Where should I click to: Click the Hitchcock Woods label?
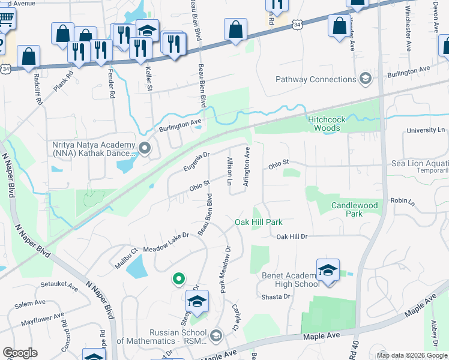(x=327, y=124)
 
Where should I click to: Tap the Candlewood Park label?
(x=355, y=209)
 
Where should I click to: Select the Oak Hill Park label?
(x=258, y=222)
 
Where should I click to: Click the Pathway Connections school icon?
(x=365, y=79)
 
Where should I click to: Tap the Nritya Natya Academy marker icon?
(x=144, y=147)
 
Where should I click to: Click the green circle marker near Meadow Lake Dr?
(x=178, y=278)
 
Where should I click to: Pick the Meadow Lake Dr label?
(x=166, y=239)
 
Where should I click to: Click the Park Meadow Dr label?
(x=224, y=269)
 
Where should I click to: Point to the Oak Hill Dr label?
(x=292, y=237)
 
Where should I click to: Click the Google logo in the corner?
(x=19, y=353)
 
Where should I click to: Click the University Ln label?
(x=425, y=130)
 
